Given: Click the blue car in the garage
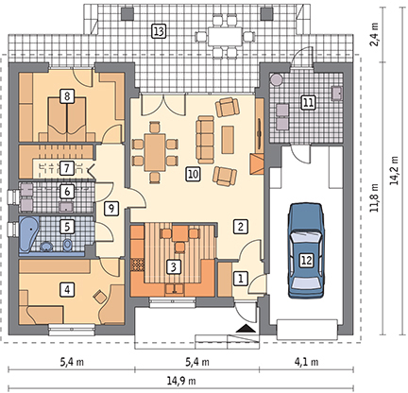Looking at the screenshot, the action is click(x=306, y=250).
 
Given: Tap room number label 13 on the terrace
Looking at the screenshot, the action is click(x=159, y=31).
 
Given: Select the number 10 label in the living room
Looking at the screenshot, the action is click(x=193, y=175).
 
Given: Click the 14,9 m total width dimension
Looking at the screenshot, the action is click(x=180, y=381).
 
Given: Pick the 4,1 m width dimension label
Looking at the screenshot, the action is click(x=306, y=362).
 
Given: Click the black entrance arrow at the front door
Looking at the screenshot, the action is click(x=245, y=329).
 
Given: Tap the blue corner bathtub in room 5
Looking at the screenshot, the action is click(x=29, y=233).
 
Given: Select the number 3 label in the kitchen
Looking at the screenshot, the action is click(x=173, y=266).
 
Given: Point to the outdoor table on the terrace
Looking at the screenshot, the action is click(x=224, y=37).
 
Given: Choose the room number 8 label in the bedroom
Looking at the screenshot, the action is click(x=67, y=95).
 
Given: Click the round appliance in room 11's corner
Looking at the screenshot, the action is click(x=277, y=79).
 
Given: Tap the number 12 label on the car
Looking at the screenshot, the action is click(x=306, y=261).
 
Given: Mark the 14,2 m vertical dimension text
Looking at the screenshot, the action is click(x=394, y=172).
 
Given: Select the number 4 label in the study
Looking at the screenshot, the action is click(x=67, y=289).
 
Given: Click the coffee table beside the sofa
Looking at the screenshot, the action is click(x=228, y=140).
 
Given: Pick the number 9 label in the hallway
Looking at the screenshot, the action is click(x=110, y=209).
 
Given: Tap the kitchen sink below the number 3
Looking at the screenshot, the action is click(x=175, y=289).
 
